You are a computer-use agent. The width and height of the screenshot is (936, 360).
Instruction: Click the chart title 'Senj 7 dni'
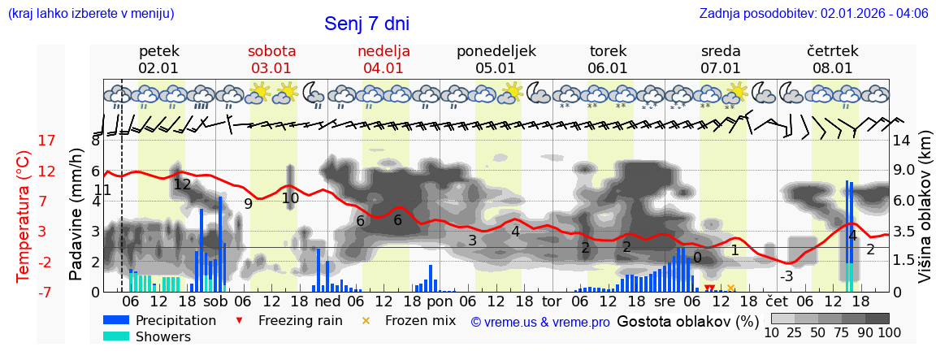372,24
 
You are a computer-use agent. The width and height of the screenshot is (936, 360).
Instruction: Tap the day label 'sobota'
271,50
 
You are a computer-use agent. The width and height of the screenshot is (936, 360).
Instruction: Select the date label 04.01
383,68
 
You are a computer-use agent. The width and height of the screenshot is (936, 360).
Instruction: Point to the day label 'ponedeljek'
496,50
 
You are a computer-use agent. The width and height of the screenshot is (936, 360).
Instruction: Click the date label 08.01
833,68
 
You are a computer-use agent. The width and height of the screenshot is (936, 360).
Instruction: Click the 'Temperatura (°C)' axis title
23,216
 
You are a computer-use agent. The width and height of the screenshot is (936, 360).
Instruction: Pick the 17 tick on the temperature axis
46,141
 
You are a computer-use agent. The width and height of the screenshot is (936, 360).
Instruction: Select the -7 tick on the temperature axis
46,292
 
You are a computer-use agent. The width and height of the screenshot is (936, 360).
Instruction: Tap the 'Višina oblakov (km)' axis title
925,215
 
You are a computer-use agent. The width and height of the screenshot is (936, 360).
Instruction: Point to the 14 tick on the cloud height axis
902,141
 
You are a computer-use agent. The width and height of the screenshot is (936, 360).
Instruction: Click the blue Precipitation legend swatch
117,320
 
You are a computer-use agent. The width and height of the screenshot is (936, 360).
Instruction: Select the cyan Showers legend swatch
117,336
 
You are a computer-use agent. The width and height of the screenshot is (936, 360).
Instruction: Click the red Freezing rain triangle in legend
238,320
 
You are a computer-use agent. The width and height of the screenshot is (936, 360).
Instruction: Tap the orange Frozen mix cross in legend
365,320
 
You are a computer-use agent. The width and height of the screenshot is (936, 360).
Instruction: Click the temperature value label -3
786,276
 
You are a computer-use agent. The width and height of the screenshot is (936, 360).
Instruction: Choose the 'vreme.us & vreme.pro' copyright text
540,322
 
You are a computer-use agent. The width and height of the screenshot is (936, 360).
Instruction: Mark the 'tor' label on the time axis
552,301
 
